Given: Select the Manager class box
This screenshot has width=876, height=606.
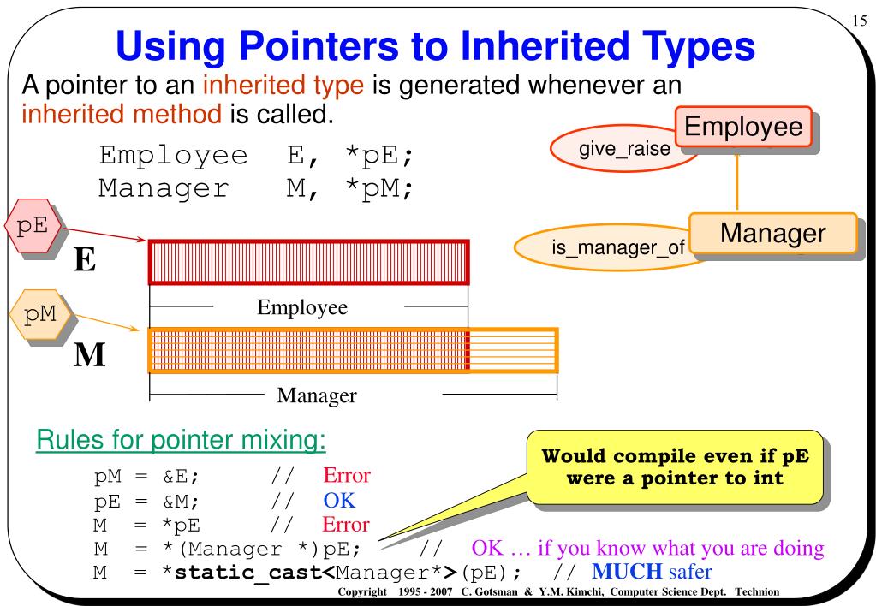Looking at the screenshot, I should coord(772,233).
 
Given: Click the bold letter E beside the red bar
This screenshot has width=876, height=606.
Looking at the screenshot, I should coord(84,258).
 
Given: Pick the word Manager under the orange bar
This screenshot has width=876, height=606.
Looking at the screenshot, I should coord(317,395).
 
